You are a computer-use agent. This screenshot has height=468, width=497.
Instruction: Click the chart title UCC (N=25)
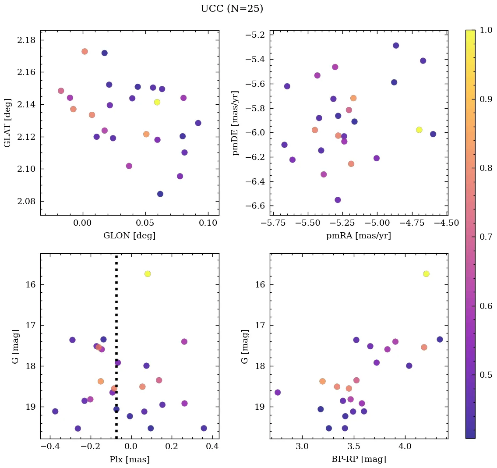[x=232, y=9]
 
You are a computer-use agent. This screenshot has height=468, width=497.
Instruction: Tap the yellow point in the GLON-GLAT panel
[x=157, y=102]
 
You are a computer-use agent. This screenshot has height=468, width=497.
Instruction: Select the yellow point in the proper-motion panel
[x=419, y=130]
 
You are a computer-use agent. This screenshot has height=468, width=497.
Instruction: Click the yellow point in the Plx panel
[x=148, y=274]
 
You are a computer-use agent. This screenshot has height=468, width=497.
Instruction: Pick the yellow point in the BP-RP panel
[x=426, y=274]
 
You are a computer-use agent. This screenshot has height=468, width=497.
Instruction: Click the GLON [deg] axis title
[x=130, y=236]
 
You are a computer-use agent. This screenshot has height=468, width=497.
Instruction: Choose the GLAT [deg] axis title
[x=8, y=123]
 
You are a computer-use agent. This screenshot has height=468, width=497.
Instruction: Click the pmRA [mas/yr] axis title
[x=359, y=236]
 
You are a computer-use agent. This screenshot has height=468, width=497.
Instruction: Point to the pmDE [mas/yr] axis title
[x=236, y=123]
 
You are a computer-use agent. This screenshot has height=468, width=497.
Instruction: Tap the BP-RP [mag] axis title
[x=359, y=459]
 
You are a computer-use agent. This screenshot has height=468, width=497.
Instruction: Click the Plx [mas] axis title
[x=130, y=459]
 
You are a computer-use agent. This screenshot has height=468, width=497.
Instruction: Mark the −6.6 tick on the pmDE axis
[x=253, y=206]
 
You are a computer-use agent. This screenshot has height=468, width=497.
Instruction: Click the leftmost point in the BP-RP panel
[x=277, y=392]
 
